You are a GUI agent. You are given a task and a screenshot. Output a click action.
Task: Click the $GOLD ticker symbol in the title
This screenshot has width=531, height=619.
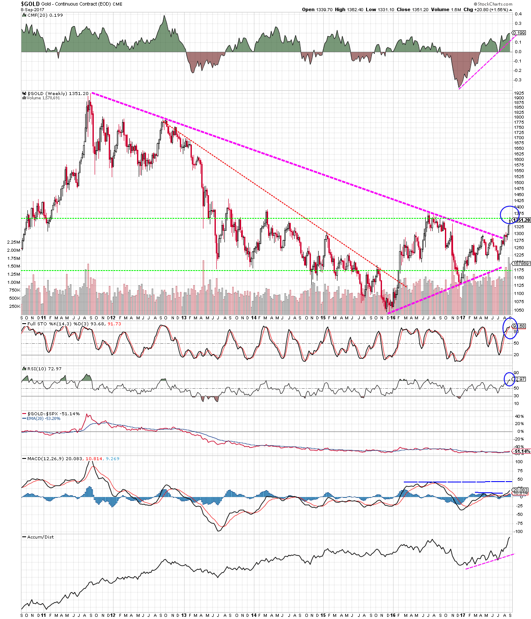(30, 4)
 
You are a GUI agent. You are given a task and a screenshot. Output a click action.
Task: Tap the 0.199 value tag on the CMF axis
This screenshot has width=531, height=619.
(519, 33)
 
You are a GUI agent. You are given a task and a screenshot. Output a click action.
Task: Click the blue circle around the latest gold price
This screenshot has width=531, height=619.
(509, 214)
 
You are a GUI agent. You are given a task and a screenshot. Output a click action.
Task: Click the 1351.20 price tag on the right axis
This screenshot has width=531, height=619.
(521, 220)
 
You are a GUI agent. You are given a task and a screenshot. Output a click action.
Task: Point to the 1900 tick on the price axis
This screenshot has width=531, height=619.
(519, 98)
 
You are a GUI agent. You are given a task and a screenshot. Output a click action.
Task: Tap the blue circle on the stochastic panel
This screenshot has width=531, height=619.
(510, 328)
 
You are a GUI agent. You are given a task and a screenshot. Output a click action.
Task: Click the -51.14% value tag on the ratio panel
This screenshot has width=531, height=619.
(522, 452)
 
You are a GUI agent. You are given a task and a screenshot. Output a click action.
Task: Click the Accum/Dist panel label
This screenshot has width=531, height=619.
(40, 537)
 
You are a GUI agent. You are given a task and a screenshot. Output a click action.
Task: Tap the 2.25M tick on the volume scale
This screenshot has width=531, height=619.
(13, 242)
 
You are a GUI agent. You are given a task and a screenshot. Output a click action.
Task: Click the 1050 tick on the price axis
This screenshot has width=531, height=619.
(519, 310)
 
